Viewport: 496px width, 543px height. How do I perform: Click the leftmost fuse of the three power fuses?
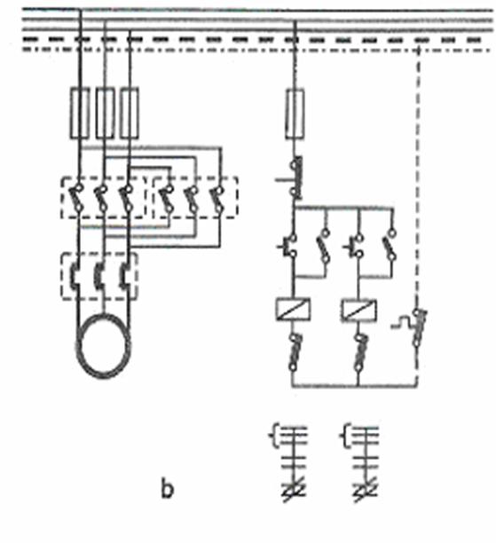tap(80, 114)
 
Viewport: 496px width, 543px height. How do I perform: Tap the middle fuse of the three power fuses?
tap(105, 114)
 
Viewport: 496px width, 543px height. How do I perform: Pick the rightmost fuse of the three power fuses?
tap(130, 114)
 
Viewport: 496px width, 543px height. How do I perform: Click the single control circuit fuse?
tap(295, 114)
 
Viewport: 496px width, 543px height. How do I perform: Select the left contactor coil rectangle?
tap(294, 310)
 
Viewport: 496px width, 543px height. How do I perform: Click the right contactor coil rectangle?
tap(359, 310)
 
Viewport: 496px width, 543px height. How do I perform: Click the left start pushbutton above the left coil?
tap(288, 247)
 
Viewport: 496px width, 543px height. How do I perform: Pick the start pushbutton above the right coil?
tap(354, 247)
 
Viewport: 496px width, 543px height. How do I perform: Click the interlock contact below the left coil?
tap(295, 352)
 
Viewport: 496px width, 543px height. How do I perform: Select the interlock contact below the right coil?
tap(360, 353)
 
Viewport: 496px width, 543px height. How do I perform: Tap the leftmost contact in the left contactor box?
tap(76, 198)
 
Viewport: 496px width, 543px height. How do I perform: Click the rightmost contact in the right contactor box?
tap(217, 199)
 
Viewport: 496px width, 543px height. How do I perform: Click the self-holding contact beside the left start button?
tap(324, 246)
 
